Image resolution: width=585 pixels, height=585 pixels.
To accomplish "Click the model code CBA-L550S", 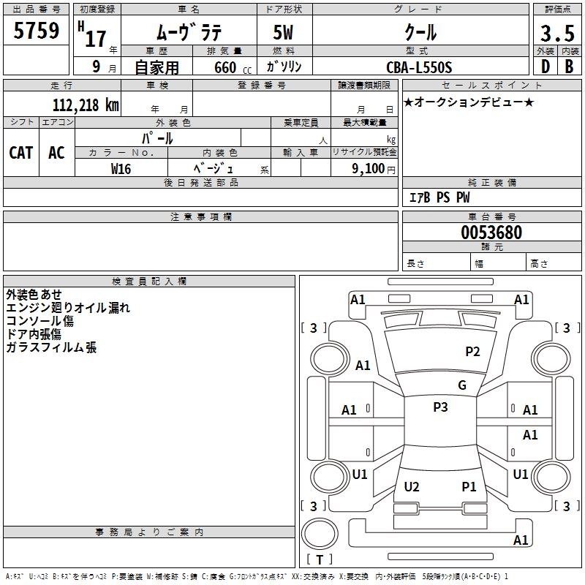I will pos(420,67).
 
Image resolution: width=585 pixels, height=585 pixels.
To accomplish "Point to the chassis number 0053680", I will pos(491,233).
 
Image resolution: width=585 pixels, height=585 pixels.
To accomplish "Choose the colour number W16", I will pos(121,168).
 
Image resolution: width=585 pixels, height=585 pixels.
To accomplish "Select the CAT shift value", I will pos(21,152).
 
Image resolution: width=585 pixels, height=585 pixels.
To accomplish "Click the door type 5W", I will pos(284,34).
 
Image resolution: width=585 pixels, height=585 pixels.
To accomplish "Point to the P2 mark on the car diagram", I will pos(472,352).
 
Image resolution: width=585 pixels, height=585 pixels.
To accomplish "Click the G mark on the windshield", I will pos(462,385).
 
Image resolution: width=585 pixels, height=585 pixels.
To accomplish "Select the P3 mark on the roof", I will pos(440,407).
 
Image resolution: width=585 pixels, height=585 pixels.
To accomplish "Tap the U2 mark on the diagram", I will pos(412,487).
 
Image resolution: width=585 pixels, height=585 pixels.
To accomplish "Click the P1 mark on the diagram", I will pos(469,487).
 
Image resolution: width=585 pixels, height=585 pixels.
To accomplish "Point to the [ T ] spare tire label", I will pos(320,559).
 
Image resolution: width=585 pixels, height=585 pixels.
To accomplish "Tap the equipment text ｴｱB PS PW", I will pos(439,197).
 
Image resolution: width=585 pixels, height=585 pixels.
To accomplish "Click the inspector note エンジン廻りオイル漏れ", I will pos(68,308).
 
